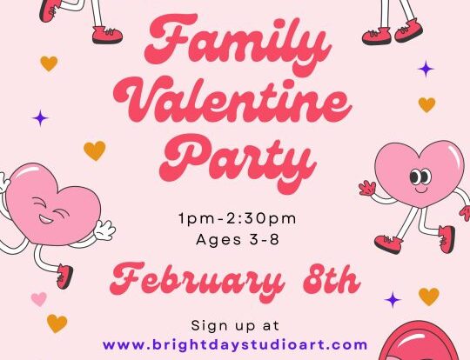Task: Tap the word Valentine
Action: tap(232, 100)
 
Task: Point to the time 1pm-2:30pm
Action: tap(237, 218)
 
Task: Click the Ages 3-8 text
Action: tap(238, 239)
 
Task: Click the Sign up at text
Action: tap(235, 326)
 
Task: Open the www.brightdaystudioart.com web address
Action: tap(235, 344)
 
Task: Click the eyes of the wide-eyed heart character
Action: tap(420, 177)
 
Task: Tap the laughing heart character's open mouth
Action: tap(45, 219)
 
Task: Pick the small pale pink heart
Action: tap(39, 299)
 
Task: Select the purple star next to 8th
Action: tap(393, 299)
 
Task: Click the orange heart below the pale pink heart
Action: tap(57, 323)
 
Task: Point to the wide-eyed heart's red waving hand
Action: tap(367, 189)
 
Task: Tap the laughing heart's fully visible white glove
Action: tap(104, 230)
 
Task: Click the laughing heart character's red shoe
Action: tap(64, 277)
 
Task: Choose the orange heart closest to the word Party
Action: tap(95, 150)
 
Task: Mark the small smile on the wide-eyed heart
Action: tap(421, 190)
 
